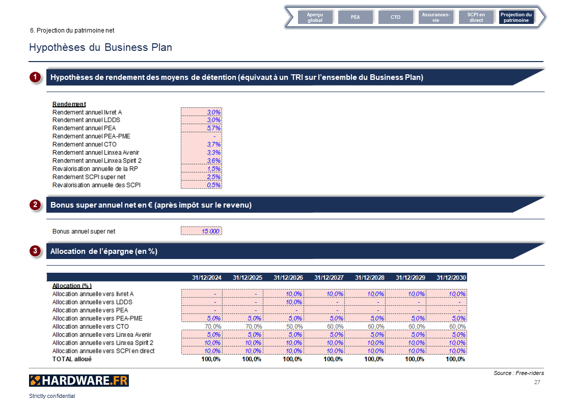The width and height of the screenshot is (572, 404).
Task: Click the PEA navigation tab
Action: coord(355,17)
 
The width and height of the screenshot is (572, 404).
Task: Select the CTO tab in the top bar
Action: coord(395,17)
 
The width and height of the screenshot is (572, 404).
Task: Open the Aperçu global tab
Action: coord(315,17)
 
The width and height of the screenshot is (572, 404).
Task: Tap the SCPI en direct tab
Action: coord(476,17)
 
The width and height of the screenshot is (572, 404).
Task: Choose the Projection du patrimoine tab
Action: coord(516,17)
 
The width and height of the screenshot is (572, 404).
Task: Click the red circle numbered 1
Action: coord(35,77)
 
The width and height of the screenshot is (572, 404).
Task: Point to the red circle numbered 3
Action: coord(35,251)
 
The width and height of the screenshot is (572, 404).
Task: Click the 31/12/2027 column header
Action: coord(329,278)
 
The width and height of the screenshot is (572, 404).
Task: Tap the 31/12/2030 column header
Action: coord(451,278)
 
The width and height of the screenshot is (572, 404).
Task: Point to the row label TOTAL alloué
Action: coord(72,359)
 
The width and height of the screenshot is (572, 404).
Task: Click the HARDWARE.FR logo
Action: coord(78,381)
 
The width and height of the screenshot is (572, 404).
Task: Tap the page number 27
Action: coord(537,382)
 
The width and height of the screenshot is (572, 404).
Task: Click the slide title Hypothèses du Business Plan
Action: coord(100,48)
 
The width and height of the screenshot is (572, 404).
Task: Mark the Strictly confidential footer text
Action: coord(52,396)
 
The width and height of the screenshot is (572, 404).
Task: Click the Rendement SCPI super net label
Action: coord(89,177)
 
